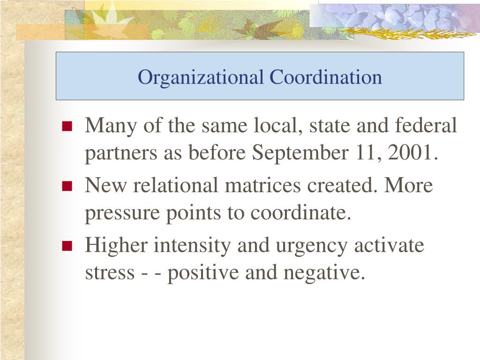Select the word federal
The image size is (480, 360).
[426, 126]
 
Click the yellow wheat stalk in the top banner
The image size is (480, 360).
[403, 34]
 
